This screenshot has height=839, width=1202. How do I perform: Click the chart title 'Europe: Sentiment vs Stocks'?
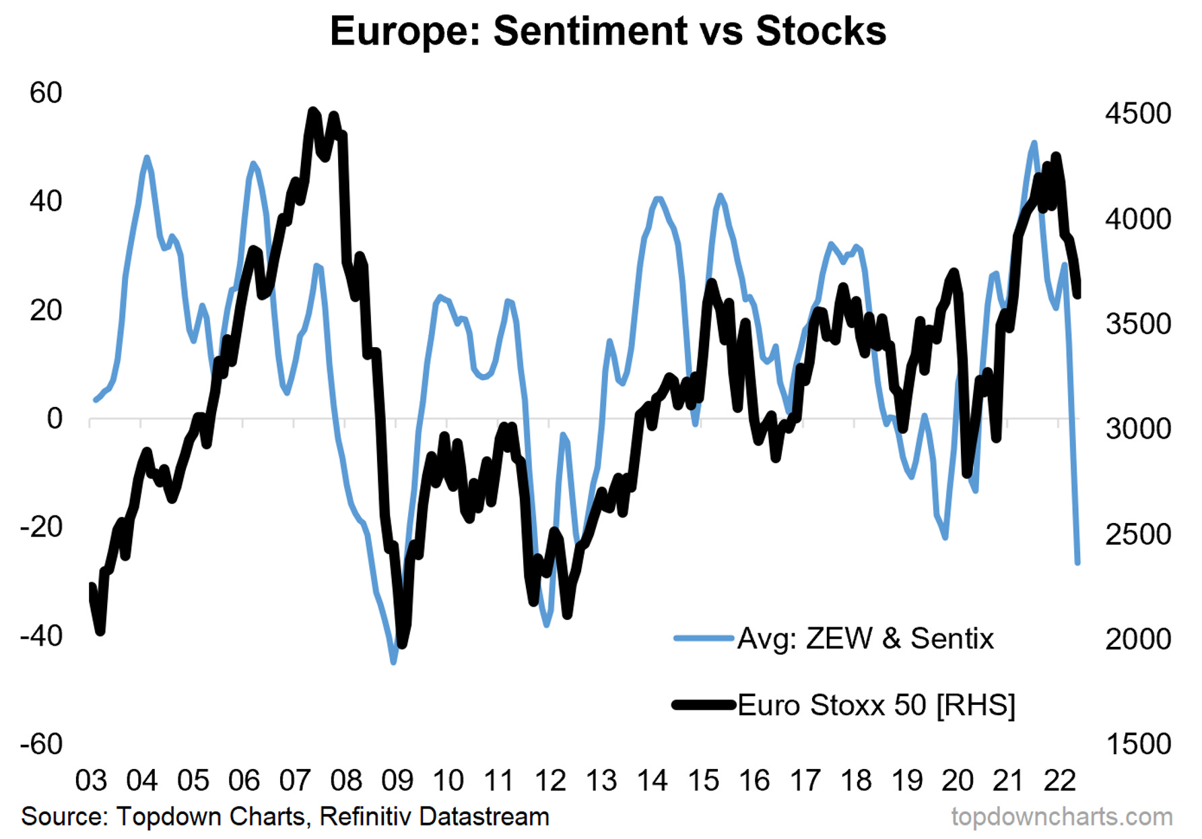tap(607, 31)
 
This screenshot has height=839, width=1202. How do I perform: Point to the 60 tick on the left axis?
tap(46, 93)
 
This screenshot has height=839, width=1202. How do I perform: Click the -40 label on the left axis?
tap(42, 635)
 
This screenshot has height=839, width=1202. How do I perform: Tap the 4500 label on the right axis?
tap(1137, 113)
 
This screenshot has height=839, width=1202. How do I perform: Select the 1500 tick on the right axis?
tap(1137, 744)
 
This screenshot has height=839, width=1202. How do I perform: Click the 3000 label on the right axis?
tap(1137, 429)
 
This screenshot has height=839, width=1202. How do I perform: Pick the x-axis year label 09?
tap(397, 781)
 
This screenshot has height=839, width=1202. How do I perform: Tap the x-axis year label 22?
tap(1059, 781)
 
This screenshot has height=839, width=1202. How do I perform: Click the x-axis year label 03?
tap(91, 781)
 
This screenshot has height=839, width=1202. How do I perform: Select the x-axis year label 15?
tap(703, 781)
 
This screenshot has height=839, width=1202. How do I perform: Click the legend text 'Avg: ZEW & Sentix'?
tap(865, 638)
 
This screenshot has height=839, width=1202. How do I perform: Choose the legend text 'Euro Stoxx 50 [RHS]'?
tap(875, 706)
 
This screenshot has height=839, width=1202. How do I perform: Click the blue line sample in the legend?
tap(703, 638)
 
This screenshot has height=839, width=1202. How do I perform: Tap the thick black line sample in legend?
tap(703, 706)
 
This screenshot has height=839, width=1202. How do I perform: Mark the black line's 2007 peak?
tap(312, 111)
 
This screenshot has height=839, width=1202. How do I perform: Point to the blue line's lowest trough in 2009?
tap(393, 662)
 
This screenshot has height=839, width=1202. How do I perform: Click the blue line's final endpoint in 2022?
tap(1077, 562)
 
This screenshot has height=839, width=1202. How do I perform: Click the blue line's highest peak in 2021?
tap(1034, 143)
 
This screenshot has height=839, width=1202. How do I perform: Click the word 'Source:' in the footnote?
tap(64, 817)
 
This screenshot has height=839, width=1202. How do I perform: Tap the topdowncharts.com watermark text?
tap(1061, 817)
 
